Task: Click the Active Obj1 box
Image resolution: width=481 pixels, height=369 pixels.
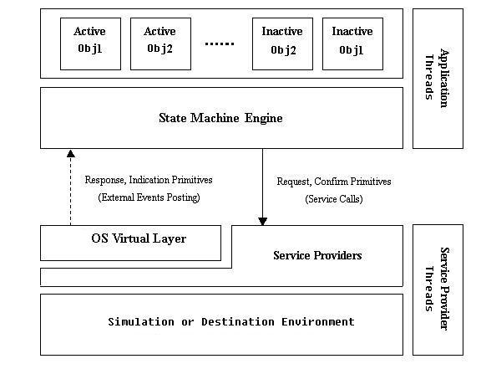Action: [x=90, y=44]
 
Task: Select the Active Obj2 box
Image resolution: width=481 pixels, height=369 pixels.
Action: [x=160, y=44]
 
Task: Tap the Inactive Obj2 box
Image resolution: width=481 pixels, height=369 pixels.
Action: [x=282, y=44]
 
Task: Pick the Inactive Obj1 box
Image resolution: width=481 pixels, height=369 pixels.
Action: [x=352, y=44]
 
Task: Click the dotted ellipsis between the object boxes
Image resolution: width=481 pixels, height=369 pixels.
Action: [x=220, y=44]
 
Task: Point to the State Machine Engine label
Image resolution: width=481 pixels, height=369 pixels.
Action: [x=220, y=118]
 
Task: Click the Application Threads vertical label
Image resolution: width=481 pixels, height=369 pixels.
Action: [x=437, y=78]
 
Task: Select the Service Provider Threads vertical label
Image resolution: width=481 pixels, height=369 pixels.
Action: [x=437, y=289]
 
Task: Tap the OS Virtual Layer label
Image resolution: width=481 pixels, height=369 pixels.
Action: [x=139, y=238]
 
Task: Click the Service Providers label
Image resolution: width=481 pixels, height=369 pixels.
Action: [x=317, y=255]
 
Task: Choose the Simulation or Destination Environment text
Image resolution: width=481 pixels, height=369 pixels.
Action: [x=231, y=322]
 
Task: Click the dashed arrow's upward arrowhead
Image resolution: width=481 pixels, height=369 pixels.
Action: [x=71, y=153]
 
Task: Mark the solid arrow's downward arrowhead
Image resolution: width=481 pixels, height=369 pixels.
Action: [x=262, y=222]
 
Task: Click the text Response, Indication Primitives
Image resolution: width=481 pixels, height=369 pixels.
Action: [x=149, y=180]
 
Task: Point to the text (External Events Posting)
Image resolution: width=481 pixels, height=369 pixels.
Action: [x=149, y=197]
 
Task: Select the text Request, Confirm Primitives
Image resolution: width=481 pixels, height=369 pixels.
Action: [x=334, y=182]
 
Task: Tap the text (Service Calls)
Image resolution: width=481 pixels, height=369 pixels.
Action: [x=334, y=199]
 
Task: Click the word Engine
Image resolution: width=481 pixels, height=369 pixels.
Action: [x=264, y=118]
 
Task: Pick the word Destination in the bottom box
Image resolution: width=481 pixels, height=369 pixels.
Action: [x=238, y=322]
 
